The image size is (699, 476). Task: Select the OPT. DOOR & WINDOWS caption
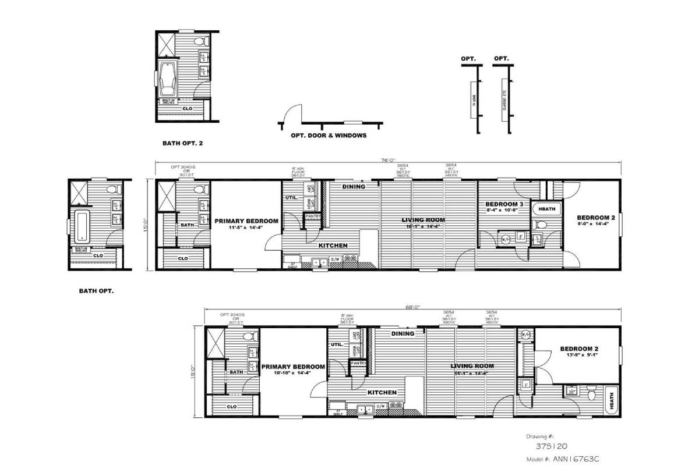(x=329, y=136)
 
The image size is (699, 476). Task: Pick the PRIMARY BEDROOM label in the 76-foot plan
(x=246, y=221)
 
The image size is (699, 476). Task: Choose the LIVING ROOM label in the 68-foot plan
(x=472, y=366)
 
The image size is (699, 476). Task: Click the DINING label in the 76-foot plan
(x=354, y=187)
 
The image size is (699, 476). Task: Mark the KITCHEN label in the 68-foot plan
(x=382, y=392)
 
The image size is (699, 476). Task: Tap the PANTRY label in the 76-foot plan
(x=313, y=216)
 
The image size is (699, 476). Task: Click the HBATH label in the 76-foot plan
(x=546, y=208)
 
